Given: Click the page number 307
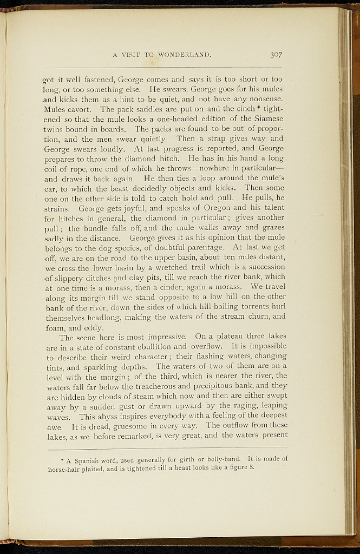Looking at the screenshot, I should coord(276,55).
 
